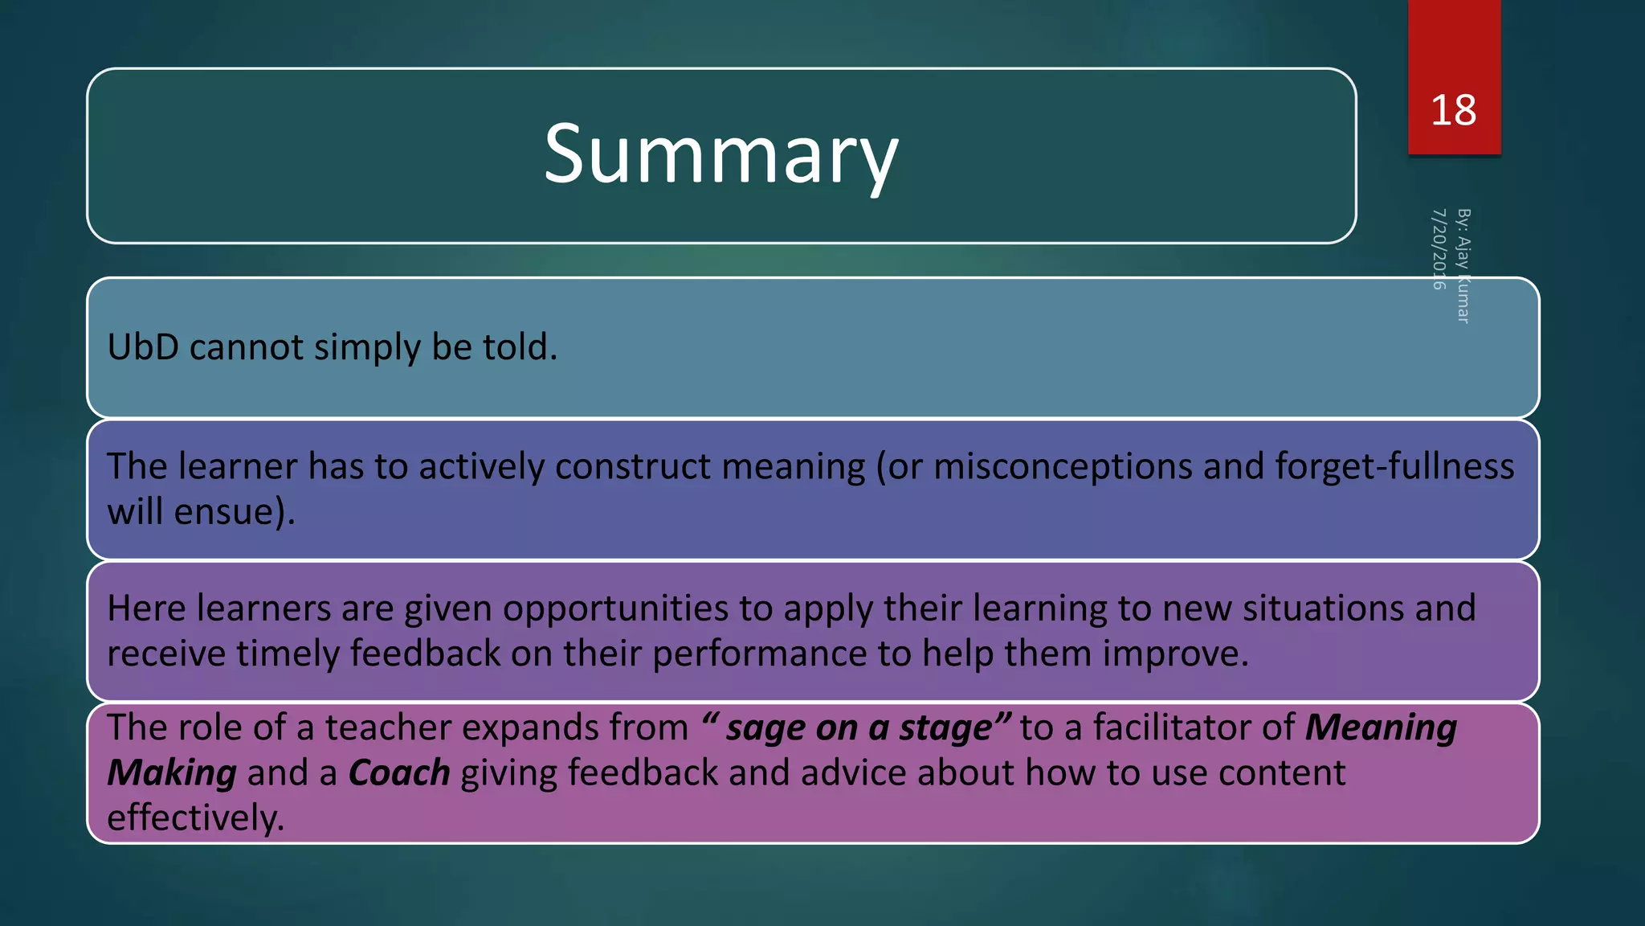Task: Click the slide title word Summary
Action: tap(720, 154)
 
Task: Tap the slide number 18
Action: tap(1453, 110)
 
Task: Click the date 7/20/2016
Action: tap(1439, 248)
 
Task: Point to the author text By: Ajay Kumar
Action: tap(1463, 265)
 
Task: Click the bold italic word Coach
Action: tap(399, 773)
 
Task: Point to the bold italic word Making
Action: tap(172, 773)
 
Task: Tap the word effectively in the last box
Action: tap(195, 818)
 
